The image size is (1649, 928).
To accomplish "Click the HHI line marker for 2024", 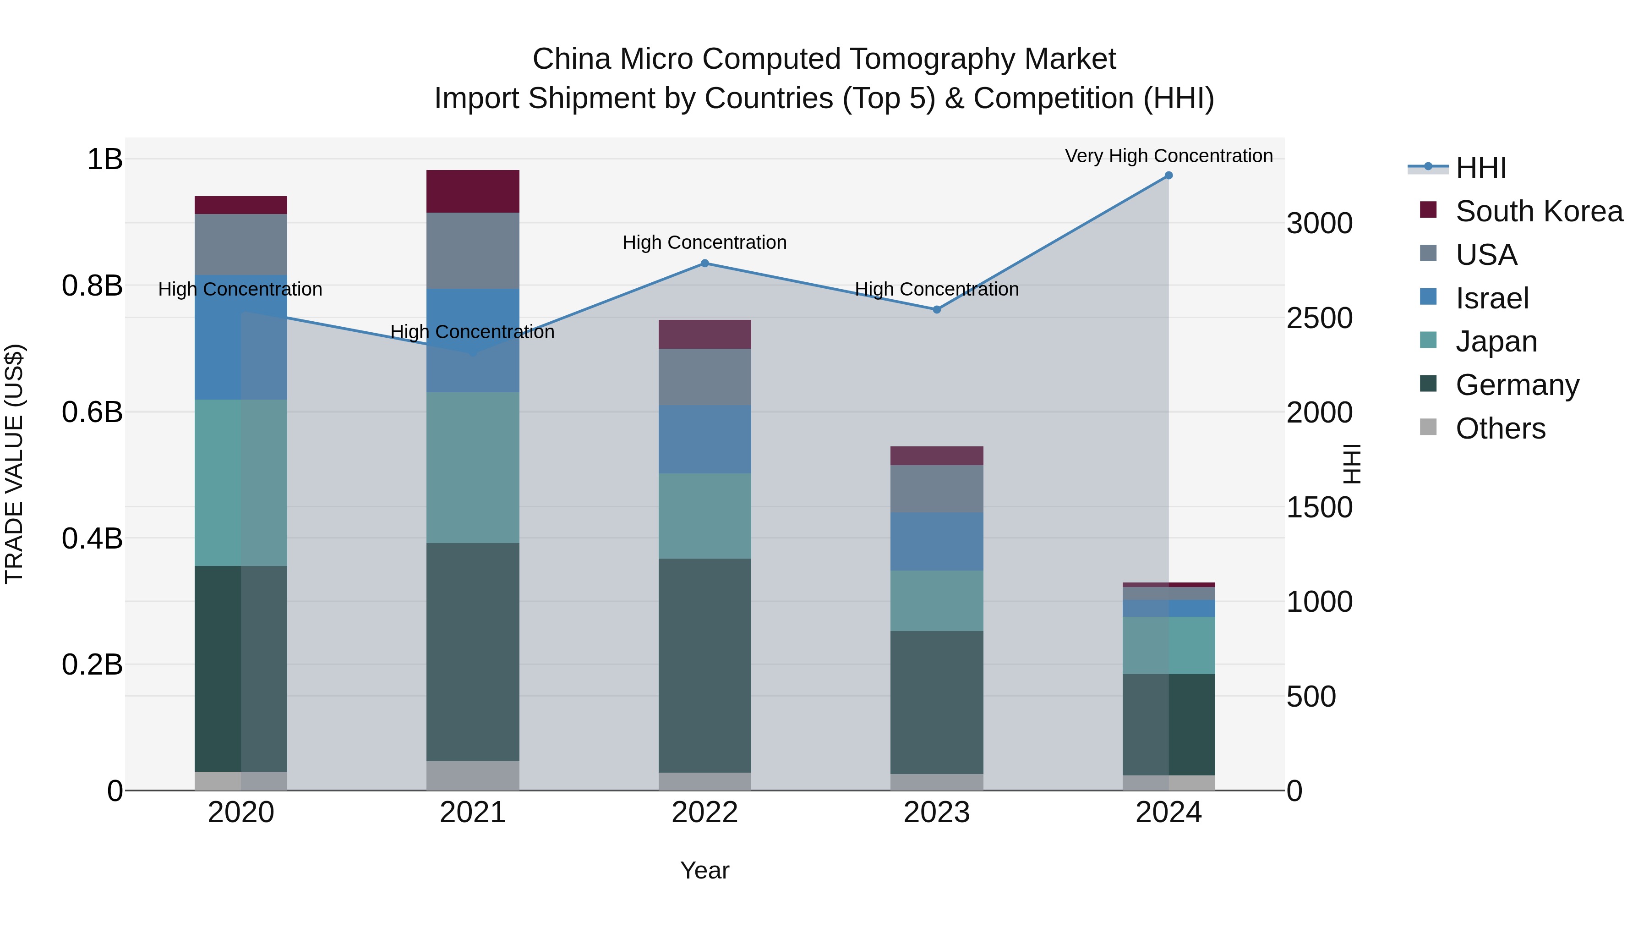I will pos(1168,176).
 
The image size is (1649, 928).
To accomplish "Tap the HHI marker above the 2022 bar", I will pos(705,263).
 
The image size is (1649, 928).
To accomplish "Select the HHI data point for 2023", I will pos(937,309).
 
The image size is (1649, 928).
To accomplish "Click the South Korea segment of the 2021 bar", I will pos(472,191).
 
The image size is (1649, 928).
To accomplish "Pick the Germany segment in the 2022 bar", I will pos(705,665).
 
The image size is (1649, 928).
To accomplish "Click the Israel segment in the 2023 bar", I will pos(937,541).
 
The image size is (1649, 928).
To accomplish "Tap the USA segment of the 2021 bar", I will pos(472,250).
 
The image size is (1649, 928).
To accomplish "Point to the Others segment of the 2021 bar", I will pos(472,775).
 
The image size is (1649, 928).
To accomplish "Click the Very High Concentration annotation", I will pos(1168,156).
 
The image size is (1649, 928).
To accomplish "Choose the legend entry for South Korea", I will pos(1539,211).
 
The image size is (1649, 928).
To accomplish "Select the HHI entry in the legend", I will pos(1480,168).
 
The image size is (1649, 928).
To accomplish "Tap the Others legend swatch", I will pos(1428,427).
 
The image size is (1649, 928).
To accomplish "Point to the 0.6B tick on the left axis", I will pos(92,412).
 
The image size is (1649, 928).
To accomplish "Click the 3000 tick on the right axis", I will pos(1319,224).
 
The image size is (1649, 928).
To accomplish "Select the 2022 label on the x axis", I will pos(705,813).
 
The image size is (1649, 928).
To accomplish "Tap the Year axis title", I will pos(705,870).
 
